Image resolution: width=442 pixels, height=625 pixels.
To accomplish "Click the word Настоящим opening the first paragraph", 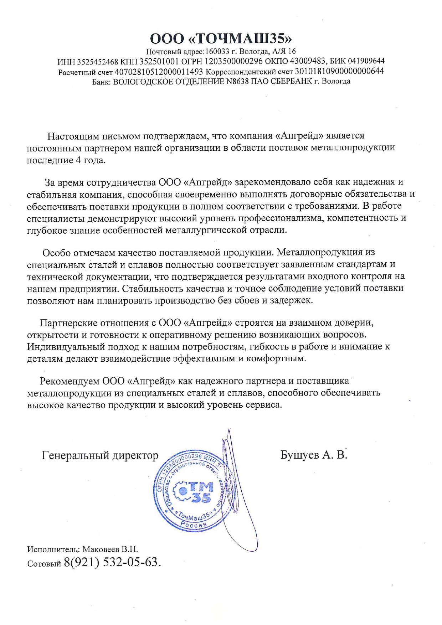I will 74,136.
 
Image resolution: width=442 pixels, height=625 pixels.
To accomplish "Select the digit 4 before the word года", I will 78,160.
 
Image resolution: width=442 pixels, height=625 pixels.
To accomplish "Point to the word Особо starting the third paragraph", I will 56,253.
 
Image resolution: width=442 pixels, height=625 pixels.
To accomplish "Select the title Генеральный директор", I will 100,456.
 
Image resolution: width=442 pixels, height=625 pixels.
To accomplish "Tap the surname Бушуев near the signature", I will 300,455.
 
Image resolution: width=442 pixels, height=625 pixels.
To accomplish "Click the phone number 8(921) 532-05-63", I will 111,562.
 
